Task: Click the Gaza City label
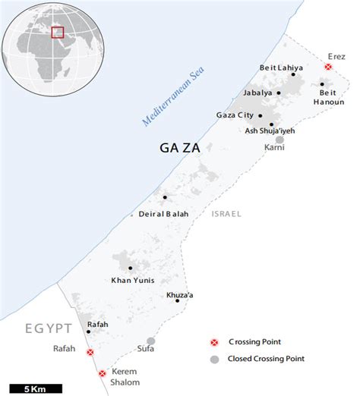234,115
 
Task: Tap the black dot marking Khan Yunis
131,269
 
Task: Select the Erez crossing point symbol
328,67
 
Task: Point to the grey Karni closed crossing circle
279,139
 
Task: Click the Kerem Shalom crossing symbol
103,373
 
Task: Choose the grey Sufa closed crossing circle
151,341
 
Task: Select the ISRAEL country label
226,214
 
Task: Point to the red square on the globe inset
57,32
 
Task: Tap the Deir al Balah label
163,214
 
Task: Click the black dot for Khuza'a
177,300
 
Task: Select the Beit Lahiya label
281,68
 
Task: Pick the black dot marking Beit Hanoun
322,85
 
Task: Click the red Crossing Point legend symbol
215,342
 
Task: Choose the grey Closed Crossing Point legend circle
215,359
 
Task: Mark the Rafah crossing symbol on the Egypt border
90,353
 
